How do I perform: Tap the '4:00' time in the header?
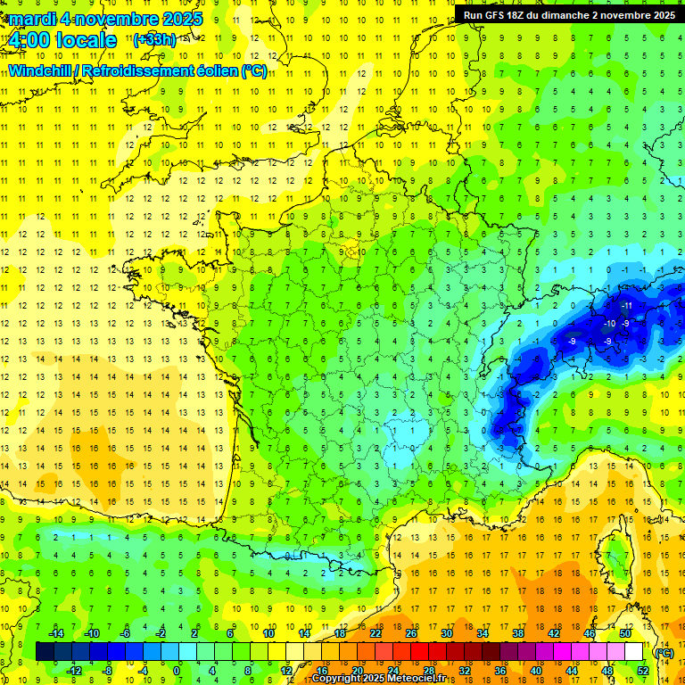pyautogui.click(x=28, y=40)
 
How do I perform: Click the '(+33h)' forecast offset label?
pyautogui.click(x=154, y=40)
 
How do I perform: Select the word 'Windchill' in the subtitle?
pyautogui.click(x=41, y=70)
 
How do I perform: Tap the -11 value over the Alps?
pyautogui.click(x=626, y=306)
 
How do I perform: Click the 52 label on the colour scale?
pyautogui.click(x=642, y=670)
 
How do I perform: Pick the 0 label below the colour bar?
pyautogui.click(x=177, y=670)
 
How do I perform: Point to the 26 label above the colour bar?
pyautogui.click(x=411, y=633)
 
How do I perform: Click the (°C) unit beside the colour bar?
pyautogui.click(x=664, y=652)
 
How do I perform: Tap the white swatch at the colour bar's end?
pyautogui.click(x=633, y=651)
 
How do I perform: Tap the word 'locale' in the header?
pyautogui.click(x=86, y=40)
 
